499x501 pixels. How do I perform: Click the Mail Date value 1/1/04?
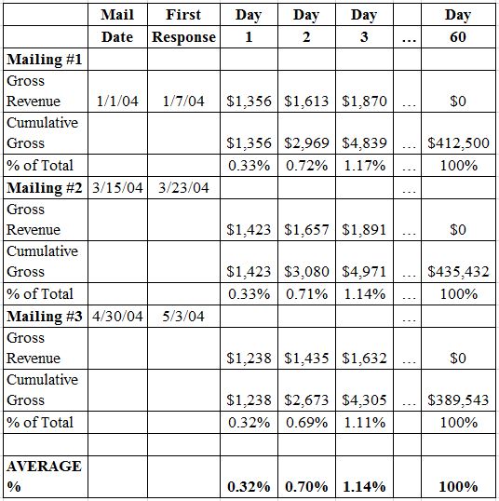coord(117,101)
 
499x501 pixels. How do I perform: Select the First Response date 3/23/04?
coord(183,187)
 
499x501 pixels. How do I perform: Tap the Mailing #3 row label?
coord(45,317)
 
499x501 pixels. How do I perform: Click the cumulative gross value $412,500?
coord(458,143)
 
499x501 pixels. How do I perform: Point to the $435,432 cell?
coord(458,272)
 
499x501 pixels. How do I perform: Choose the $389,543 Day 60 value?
coord(458,400)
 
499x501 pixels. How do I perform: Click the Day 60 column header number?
coord(458,36)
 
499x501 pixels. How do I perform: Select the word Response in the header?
coord(183,37)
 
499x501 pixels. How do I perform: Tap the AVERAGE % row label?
coord(44,476)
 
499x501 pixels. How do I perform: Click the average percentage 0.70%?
coord(306,487)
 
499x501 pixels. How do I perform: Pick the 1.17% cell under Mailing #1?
coord(364,166)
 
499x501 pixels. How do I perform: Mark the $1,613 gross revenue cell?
coord(306,102)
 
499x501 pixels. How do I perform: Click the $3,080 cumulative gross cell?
coord(306,272)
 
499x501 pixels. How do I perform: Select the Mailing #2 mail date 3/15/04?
coord(117,187)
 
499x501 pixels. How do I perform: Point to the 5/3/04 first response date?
coord(183,317)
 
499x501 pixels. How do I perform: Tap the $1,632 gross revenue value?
coord(364,358)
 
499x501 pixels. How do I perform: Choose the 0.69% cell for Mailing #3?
coord(306,423)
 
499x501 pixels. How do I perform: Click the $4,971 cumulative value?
coord(364,272)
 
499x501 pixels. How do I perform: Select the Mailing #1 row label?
coord(45,60)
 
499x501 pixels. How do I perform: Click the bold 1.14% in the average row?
coord(364,487)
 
